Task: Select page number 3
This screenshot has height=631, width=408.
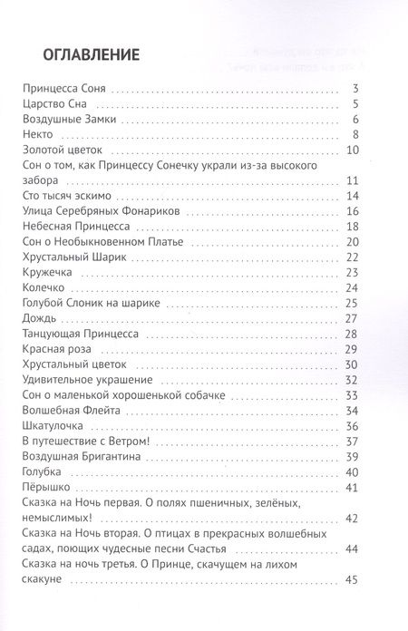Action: tap(358, 88)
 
